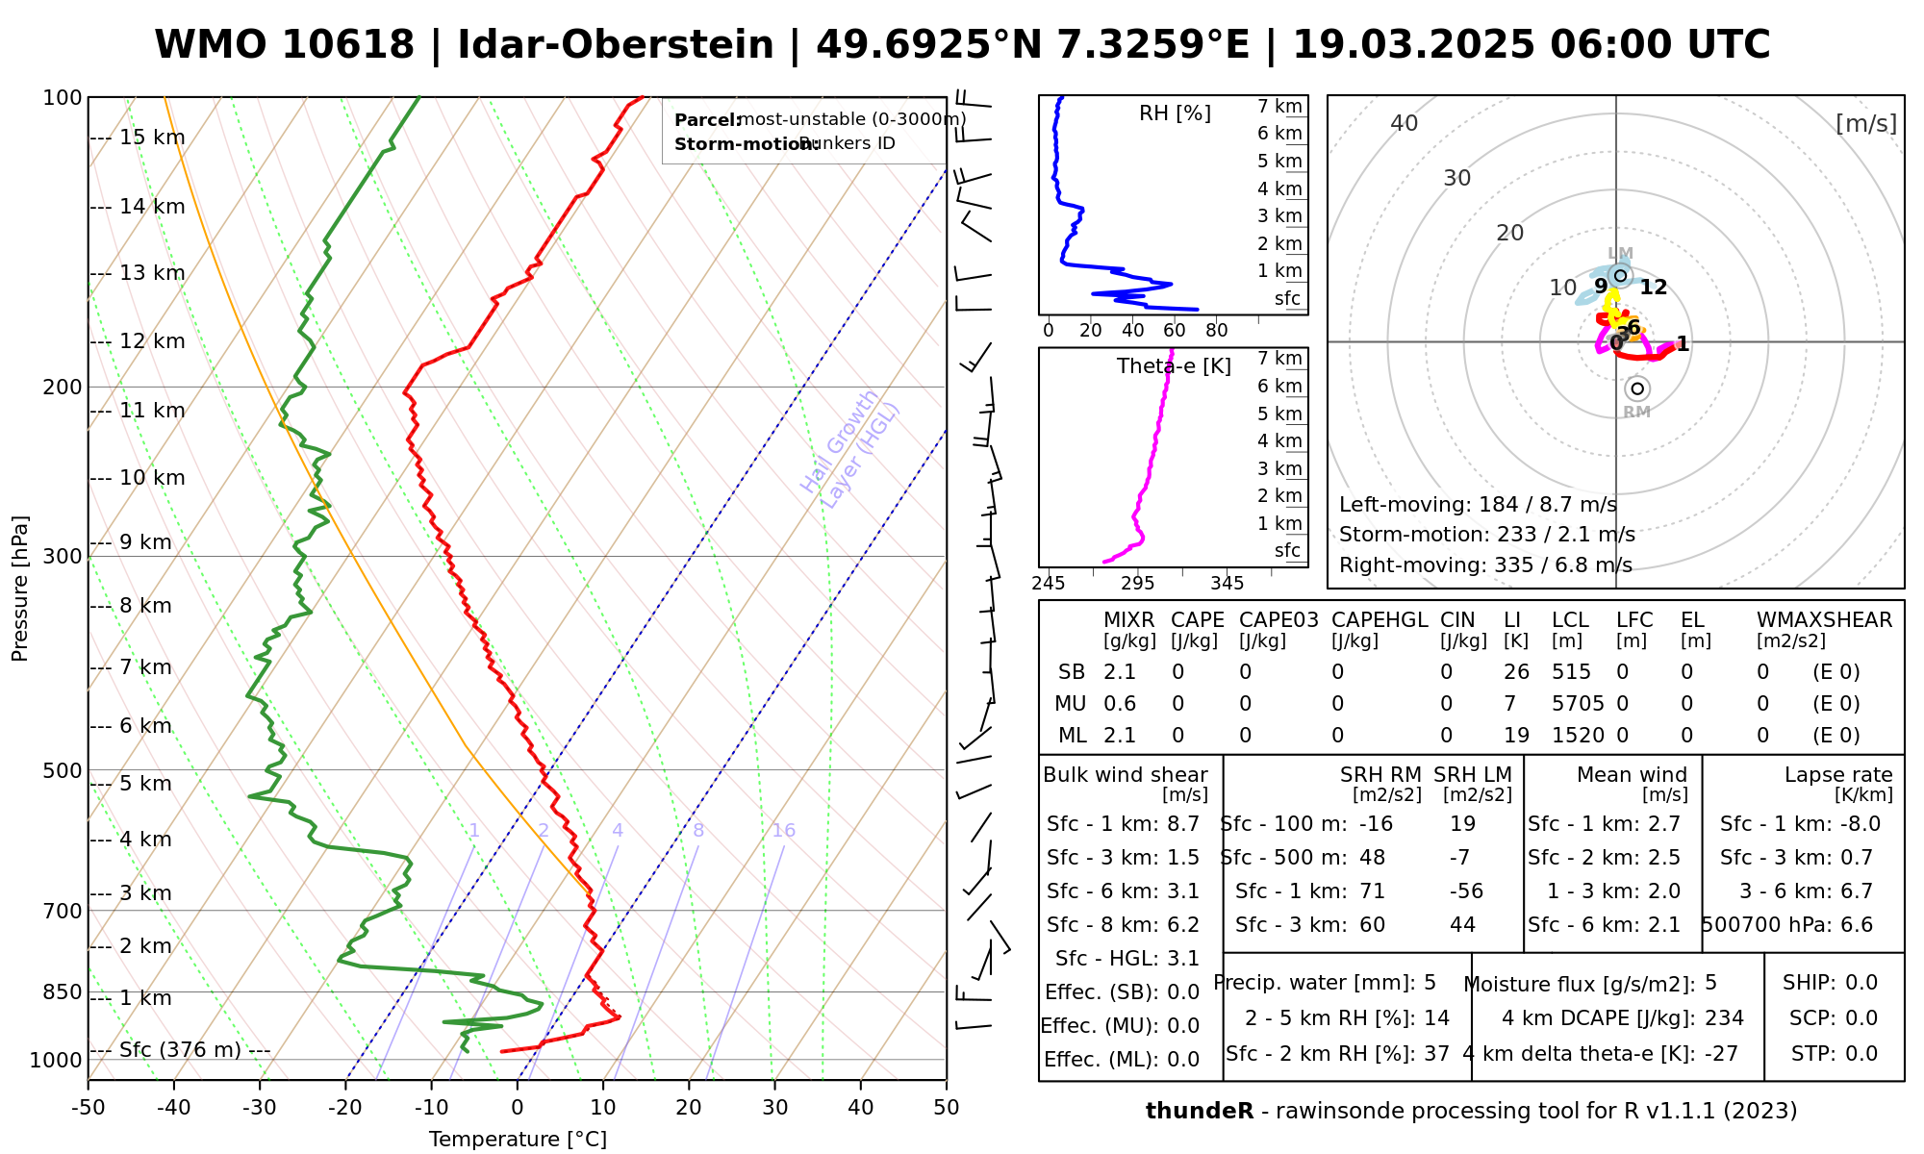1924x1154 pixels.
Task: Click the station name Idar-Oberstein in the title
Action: click(x=616, y=45)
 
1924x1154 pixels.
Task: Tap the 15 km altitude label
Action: click(x=152, y=138)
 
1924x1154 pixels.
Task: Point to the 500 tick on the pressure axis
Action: click(x=63, y=770)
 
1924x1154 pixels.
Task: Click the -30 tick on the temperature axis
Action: click(x=260, y=1108)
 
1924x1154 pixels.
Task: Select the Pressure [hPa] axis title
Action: click(x=20, y=589)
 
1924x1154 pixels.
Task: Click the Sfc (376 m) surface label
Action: click(x=180, y=1050)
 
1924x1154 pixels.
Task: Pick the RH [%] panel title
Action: click(x=1175, y=113)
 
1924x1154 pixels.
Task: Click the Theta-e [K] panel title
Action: click(x=1174, y=366)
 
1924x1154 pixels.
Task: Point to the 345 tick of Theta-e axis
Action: click(x=1227, y=584)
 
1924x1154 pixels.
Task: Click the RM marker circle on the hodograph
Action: click(x=1637, y=389)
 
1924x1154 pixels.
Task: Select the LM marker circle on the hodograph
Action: click(x=1620, y=276)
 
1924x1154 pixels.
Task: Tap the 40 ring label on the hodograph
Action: click(x=1405, y=123)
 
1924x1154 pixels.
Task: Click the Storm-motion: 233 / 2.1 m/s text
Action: click(x=1486, y=535)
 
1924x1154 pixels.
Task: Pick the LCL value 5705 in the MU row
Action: click(x=1578, y=704)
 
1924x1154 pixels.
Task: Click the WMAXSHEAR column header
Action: click(x=1824, y=620)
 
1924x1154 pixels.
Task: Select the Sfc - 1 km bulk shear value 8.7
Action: click(x=1182, y=824)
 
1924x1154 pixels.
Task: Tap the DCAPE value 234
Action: click(x=1724, y=1018)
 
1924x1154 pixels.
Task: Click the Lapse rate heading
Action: click(x=1838, y=775)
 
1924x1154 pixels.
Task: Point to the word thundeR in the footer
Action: click(x=1200, y=1112)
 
